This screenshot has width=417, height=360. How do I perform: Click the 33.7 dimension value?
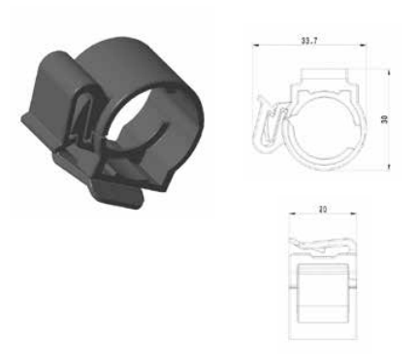point(310,43)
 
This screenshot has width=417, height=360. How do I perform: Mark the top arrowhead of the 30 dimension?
point(387,72)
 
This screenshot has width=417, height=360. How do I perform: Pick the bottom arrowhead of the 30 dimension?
point(387,167)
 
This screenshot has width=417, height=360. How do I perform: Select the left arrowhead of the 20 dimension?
point(294,214)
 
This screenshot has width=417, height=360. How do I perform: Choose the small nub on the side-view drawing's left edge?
point(295,285)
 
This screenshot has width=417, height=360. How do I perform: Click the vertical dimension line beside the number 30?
point(387,136)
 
